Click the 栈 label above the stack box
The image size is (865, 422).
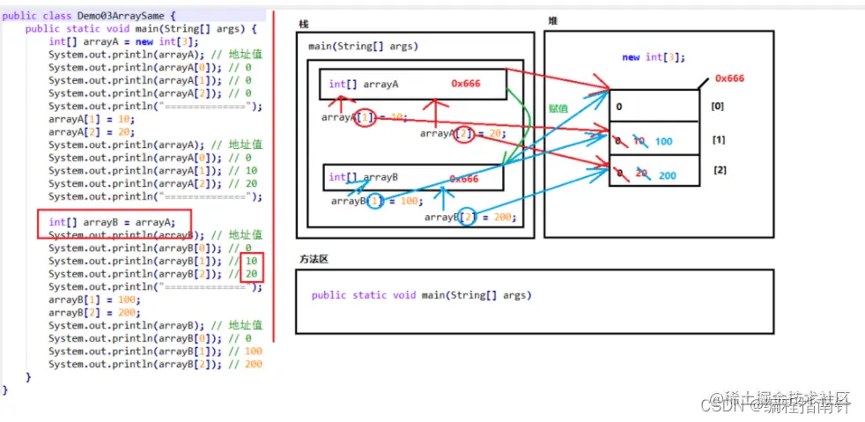click(304, 24)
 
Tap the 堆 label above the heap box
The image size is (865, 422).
click(552, 20)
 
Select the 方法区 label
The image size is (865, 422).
click(313, 260)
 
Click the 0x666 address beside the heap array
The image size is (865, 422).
click(729, 78)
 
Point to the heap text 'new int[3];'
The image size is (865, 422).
click(653, 57)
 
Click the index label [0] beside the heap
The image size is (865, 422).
click(718, 106)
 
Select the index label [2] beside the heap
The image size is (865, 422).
click(720, 169)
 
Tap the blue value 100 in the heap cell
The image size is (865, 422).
click(664, 141)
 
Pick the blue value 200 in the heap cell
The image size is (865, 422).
click(667, 175)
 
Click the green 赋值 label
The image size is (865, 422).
click(558, 108)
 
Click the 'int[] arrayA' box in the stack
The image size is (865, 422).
click(412, 85)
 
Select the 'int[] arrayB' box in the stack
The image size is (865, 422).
click(412, 177)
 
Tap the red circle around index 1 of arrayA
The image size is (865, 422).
click(366, 117)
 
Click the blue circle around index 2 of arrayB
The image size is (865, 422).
click(468, 216)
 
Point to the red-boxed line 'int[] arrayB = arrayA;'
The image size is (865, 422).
click(112, 222)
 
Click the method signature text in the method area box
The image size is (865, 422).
click(421, 295)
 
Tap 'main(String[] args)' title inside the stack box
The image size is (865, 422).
click(363, 46)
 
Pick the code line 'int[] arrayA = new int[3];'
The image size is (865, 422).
click(123, 41)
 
